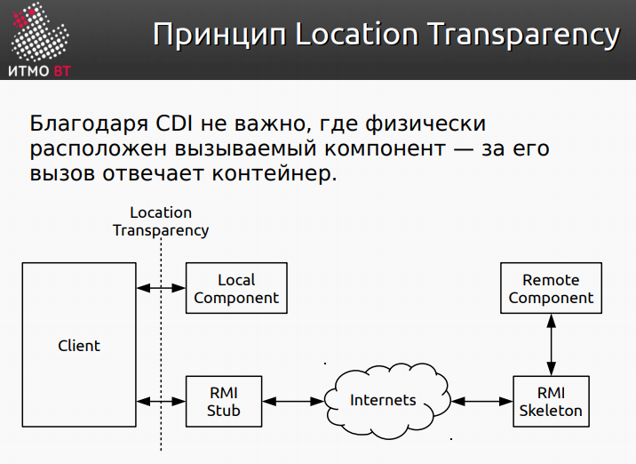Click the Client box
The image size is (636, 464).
pos(78,346)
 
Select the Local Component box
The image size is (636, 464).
pos(236,289)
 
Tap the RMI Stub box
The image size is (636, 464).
pos(224,402)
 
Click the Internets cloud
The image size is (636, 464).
pos(383,401)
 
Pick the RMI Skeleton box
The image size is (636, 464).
pos(552,402)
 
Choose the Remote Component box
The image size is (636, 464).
pos(551,289)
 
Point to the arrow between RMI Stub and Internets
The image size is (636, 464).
pos(294,402)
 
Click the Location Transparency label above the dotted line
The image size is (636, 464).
pos(161,221)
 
